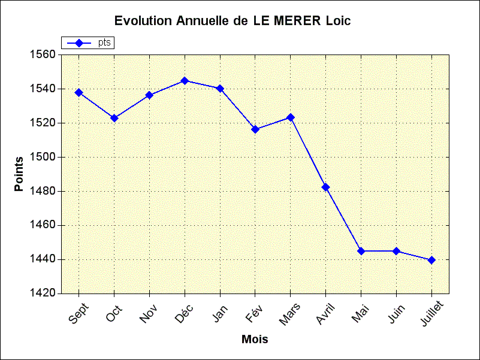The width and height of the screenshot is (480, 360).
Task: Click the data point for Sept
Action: pos(79,92)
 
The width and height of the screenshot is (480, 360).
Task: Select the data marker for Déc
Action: pos(185,81)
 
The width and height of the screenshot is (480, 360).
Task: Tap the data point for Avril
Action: pos(325,187)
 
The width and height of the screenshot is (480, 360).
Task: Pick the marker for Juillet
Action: pos(431,260)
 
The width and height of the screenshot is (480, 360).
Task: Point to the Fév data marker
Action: pos(255,129)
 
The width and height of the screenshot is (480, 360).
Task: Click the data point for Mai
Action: pos(361,251)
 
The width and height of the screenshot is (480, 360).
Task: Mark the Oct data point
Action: pos(114,118)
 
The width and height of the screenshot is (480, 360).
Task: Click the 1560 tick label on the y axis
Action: pos(42,55)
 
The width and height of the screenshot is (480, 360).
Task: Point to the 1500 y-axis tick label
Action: pos(42,157)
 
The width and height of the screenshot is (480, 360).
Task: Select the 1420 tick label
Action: pos(42,294)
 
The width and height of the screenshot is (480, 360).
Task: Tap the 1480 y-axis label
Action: pos(42,191)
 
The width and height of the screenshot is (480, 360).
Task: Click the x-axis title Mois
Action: pos(255,340)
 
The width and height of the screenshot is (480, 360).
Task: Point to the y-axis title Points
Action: pos(19,174)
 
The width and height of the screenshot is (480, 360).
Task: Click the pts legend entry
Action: pos(104,43)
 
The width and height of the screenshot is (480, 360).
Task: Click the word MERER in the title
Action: pos(297,21)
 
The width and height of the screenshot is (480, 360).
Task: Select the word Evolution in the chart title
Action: pos(142,21)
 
